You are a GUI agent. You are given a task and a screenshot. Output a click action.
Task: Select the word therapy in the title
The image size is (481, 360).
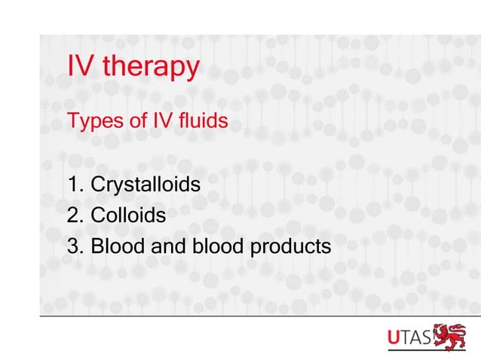(151, 69)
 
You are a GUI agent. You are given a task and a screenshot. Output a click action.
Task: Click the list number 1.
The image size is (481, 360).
(74, 184)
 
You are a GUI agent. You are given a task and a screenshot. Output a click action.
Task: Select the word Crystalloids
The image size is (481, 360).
(145, 185)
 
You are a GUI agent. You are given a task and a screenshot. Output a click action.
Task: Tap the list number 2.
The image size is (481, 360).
(74, 215)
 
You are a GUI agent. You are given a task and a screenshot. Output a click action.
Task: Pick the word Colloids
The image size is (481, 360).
(128, 215)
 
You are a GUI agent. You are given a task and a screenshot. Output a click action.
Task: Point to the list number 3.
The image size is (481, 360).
(74, 246)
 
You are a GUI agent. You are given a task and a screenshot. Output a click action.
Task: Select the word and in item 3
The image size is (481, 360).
(164, 246)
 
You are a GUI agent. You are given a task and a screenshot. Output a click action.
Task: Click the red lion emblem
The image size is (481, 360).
(452, 338)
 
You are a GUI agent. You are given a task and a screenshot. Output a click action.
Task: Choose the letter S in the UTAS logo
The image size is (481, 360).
(428, 340)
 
